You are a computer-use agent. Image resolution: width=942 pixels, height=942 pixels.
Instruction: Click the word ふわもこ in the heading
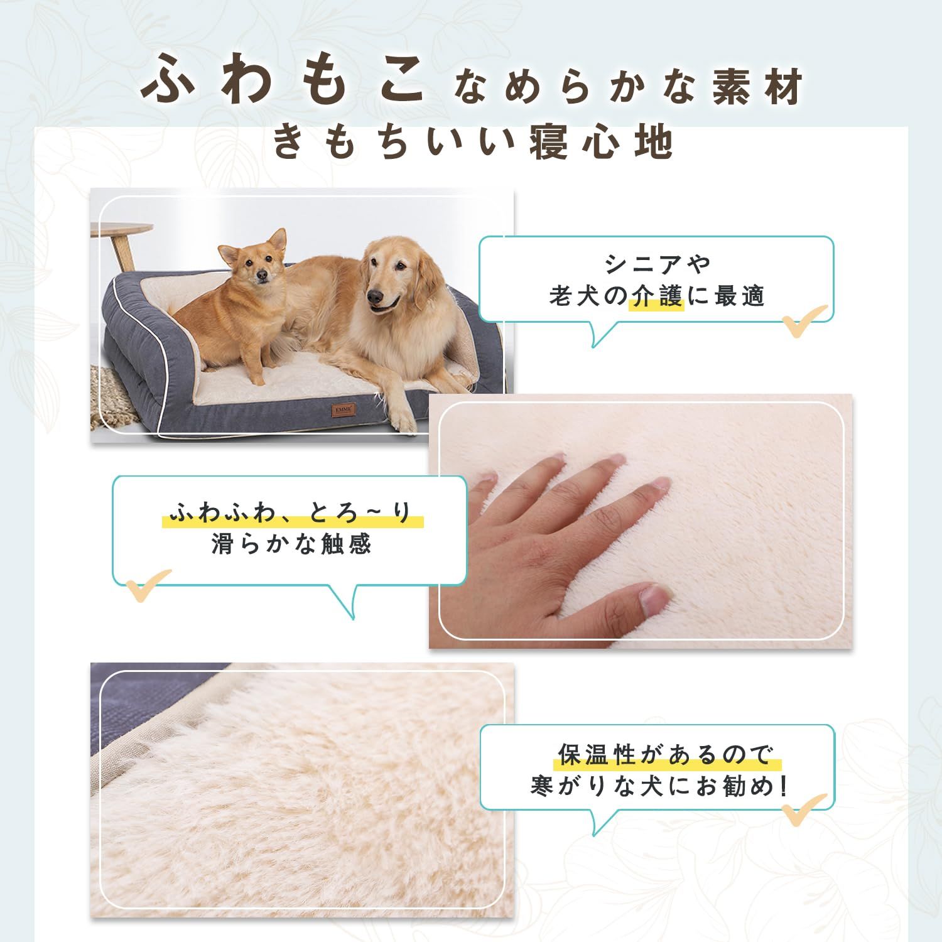click(x=283, y=82)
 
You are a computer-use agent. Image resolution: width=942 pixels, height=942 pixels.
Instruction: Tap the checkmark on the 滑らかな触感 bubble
click(x=148, y=584)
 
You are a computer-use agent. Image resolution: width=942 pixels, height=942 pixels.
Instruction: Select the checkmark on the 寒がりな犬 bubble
click(x=804, y=810)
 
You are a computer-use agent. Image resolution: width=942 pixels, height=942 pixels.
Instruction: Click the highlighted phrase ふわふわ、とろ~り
click(x=292, y=514)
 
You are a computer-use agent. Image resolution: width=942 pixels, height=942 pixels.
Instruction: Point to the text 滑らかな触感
click(x=292, y=544)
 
